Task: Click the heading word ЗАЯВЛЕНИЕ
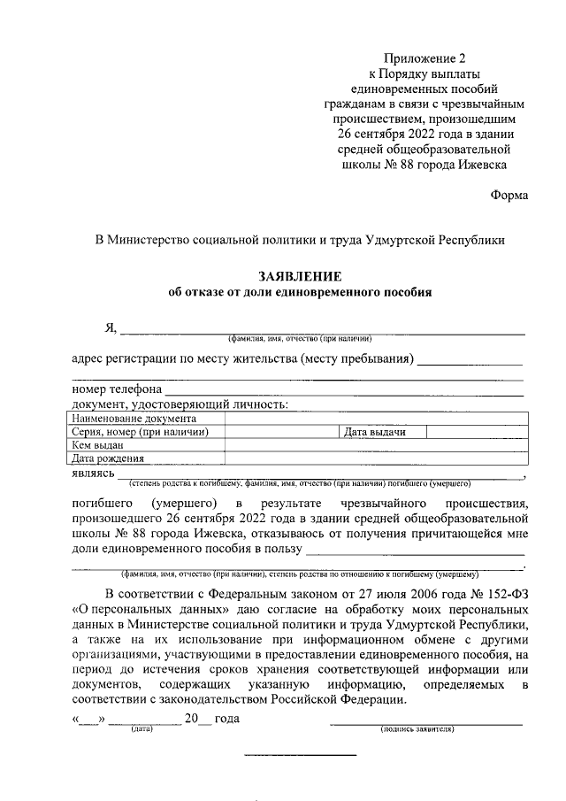(x=300, y=276)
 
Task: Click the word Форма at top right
(x=509, y=196)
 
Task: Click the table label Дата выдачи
(x=375, y=432)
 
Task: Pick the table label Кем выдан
(x=98, y=445)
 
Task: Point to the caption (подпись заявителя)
(x=417, y=729)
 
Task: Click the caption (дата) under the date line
(x=141, y=729)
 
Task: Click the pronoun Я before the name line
(x=111, y=329)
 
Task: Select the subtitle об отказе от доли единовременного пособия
(x=300, y=292)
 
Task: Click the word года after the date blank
(x=227, y=719)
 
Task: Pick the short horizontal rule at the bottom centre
(x=300, y=754)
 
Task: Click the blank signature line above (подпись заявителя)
(x=424, y=722)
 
